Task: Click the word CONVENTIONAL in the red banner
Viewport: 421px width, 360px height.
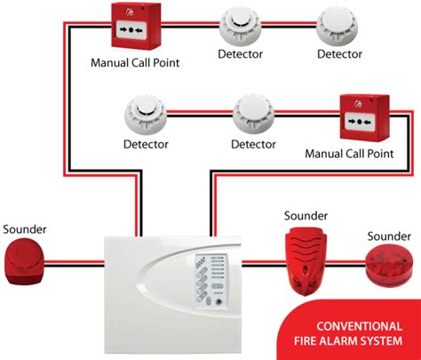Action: coord(353,324)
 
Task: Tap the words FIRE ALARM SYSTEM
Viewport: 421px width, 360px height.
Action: coord(353,341)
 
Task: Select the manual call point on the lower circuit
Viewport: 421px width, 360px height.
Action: coord(366,118)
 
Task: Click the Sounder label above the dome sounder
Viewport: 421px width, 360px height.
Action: coord(24,228)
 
